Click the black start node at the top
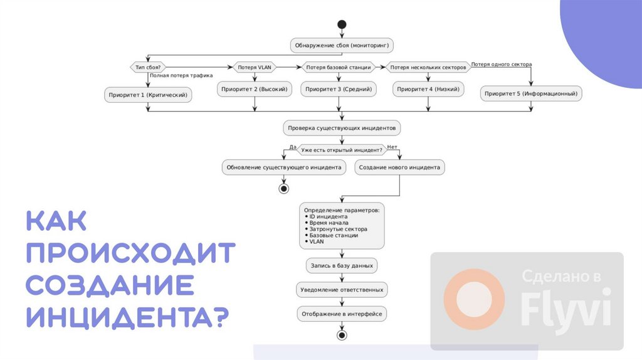342,24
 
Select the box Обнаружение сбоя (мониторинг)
342,46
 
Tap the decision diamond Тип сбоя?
148,67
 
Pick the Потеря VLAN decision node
254,67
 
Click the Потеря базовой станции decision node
338,67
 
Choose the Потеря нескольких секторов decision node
428,67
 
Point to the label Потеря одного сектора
501,64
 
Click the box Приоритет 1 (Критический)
148,95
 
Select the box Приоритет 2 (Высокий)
255,90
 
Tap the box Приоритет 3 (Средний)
339,90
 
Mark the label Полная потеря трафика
181,75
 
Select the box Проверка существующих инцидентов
342,128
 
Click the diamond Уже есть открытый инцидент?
342,150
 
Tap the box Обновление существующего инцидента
284,167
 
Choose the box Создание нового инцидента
400,167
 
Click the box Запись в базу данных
342,266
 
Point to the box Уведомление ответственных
342,290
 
